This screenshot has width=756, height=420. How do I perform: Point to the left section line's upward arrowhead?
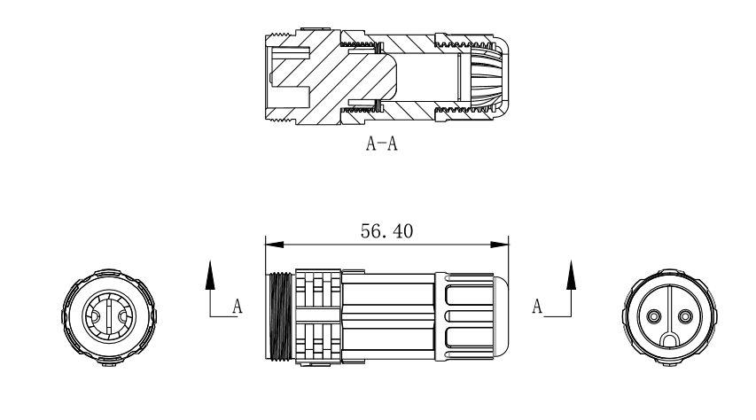point(210,275)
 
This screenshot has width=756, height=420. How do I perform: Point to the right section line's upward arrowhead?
point(570,275)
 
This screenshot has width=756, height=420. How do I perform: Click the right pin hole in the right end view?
point(683,317)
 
